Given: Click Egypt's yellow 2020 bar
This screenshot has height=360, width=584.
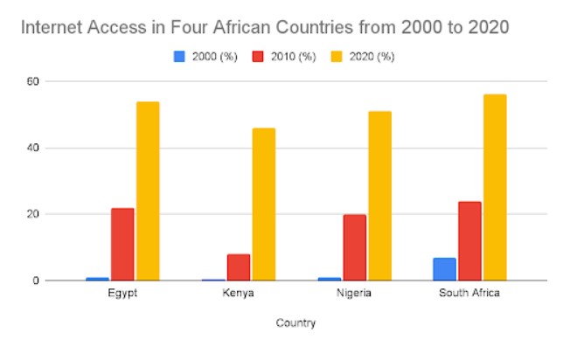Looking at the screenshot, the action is pyautogui.click(x=148, y=191).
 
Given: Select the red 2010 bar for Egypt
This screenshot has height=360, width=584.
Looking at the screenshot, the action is pyautogui.click(x=122, y=244).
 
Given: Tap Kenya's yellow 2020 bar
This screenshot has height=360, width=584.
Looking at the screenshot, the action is pyautogui.click(x=264, y=204).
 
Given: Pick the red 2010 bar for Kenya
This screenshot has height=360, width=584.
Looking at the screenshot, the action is pyautogui.click(x=239, y=267).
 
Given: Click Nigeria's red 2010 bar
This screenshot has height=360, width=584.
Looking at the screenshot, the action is pyautogui.click(x=355, y=247).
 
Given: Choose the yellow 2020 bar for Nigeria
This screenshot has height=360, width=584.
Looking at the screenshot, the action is pyautogui.click(x=380, y=196).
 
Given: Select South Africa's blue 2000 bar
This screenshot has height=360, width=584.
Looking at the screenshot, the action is pyautogui.click(x=444, y=269).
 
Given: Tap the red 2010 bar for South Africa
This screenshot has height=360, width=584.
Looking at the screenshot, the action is pyautogui.click(x=469, y=241).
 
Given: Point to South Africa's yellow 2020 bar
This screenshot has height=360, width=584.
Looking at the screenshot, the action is pyautogui.click(x=495, y=188).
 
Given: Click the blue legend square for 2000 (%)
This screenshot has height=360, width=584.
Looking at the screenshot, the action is pyautogui.click(x=179, y=57).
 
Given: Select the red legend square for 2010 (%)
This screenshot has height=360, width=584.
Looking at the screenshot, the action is pyautogui.click(x=258, y=57).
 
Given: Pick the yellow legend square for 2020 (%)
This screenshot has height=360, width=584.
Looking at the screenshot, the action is pyautogui.click(x=337, y=57).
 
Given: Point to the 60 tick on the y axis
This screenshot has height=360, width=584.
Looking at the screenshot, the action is pyautogui.click(x=32, y=81).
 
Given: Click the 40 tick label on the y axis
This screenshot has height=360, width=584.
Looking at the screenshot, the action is pyautogui.click(x=32, y=149).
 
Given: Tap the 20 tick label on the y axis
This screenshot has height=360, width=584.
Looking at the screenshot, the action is pyautogui.click(x=32, y=214).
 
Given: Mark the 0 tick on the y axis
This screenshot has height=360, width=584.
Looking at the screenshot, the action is pyautogui.click(x=36, y=280).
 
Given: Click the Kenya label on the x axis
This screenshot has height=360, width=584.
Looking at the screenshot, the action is pyautogui.click(x=238, y=293).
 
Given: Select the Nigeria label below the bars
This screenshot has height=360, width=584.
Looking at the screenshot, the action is pyautogui.click(x=354, y=293).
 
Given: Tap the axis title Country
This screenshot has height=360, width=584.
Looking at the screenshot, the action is pyautogui.click(x=295, y=322).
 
